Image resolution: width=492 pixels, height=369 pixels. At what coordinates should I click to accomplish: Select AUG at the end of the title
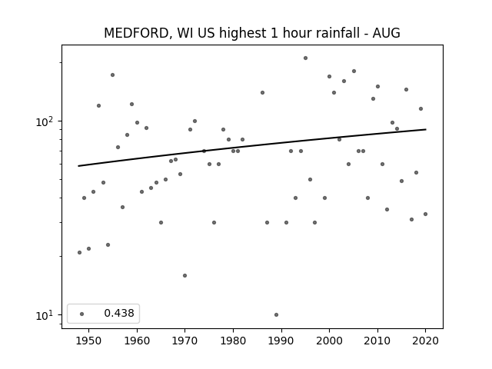pos(386,33)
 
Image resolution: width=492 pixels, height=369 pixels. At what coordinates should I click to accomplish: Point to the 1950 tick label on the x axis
pos(89,341)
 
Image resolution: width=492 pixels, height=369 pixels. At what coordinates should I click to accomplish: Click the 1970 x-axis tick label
pos(184,341)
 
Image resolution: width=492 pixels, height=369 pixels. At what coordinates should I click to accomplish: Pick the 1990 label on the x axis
pos(281,341)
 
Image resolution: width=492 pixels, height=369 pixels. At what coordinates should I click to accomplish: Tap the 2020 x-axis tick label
pos(425,341)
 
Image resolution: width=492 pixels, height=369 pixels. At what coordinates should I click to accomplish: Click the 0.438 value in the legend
pos(119,313)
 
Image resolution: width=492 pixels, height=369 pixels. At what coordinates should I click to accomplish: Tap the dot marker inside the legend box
pos(82,314)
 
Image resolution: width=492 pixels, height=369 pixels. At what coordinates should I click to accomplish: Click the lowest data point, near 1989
pos(276,314)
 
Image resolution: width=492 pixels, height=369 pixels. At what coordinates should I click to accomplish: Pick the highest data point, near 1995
pos(306,58)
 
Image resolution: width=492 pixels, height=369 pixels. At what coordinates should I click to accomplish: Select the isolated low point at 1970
pos(184,275)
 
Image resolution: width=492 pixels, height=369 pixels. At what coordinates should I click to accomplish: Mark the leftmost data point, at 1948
pos(79,253)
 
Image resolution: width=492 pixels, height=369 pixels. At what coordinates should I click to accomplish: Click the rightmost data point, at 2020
pos(425,214)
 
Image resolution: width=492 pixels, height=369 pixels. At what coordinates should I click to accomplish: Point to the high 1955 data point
pos(113,75)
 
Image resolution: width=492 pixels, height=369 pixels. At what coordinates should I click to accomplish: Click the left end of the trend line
pos(78,166)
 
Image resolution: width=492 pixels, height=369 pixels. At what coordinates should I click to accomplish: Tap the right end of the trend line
pos(426,129)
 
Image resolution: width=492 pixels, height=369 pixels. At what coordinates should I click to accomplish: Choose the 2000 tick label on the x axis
pos(330,341)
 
